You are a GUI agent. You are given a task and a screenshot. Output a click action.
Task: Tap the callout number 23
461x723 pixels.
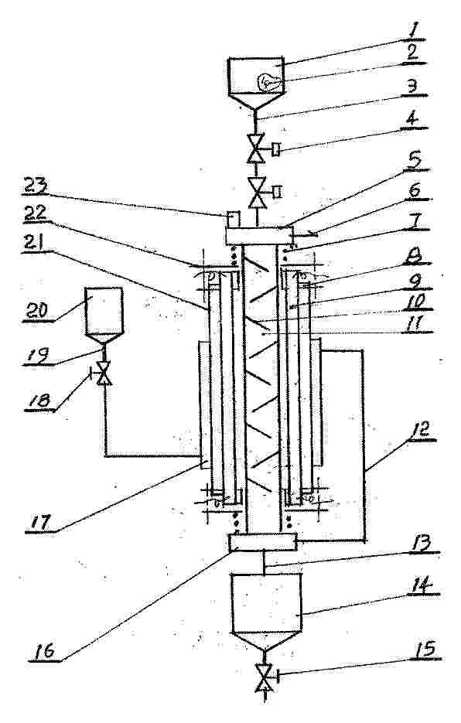36,189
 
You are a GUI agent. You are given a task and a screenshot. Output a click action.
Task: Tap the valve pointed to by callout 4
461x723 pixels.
256,148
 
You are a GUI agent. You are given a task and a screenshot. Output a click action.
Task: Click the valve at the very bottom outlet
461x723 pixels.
265,677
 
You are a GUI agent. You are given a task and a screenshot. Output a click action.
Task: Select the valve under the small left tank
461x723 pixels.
104,373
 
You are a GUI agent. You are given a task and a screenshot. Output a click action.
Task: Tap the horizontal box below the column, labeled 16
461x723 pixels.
262,542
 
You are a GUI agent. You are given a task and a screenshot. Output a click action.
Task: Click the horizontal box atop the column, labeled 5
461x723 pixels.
259,236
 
